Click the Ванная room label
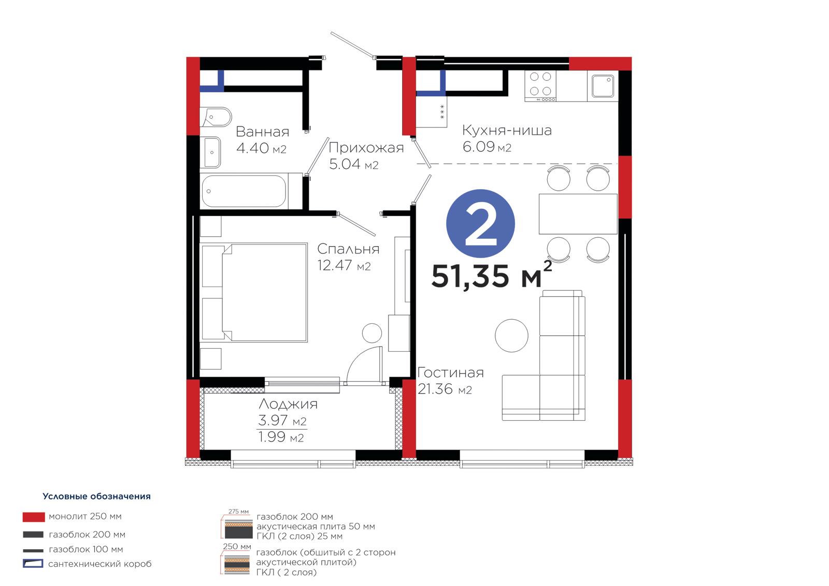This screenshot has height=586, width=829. (262, 132)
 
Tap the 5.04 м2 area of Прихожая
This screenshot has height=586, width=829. (354, 164)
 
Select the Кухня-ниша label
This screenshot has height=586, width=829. (507, 130)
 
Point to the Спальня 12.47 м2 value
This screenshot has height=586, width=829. (344, 265)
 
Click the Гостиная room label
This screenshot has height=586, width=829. (450, 373)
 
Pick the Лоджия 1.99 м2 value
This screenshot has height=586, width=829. (281, 437)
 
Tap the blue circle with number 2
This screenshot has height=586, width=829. (480, 224)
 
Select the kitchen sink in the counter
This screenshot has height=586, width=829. (603, 86)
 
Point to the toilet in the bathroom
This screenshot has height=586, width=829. (216, 117)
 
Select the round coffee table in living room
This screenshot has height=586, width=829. (511, 335)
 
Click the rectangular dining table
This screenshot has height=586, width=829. (578, 214)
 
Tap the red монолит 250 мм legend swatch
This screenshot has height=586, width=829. (34, 517)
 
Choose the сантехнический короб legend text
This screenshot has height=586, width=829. (100, 564)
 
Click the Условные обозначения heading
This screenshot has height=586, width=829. (96, 496)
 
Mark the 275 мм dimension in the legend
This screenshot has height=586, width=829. (238, 511)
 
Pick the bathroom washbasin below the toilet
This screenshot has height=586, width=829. (211, 152)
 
